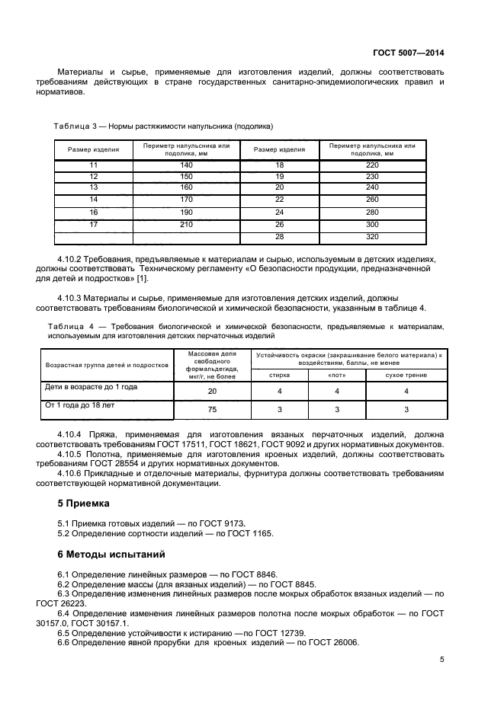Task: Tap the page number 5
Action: [x=442, y=660]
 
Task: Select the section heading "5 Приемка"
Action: [x=85, y=504]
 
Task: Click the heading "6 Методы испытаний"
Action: [x=111, y=554]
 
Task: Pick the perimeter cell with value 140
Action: [x=186, y=165]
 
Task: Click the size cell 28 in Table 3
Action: [x=279, y=237]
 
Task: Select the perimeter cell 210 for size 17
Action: [x=186, y=225]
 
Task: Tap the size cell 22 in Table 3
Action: [x=279, y=200]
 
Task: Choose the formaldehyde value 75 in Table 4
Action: [x=212, y=409]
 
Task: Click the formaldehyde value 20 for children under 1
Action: [x=212, y=391]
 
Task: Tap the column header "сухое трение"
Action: [x=406, y=375]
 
